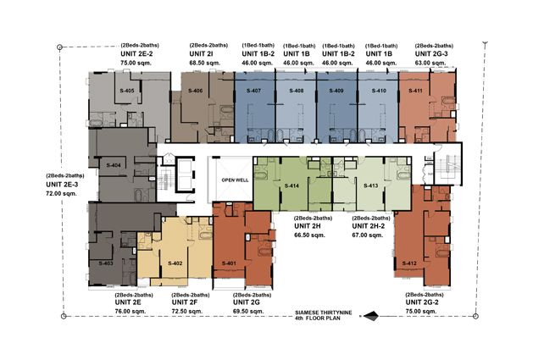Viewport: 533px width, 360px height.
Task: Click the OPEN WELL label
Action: (235, 180)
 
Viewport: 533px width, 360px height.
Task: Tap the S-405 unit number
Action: (127, 91)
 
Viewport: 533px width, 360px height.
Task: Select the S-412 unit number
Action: (409, 263)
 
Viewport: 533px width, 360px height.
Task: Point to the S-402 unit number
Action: (175, 263)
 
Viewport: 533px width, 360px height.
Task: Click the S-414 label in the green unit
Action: (291, 186)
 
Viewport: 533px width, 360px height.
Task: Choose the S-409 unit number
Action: (336, 91)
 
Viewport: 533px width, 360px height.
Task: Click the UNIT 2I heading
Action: (202, 53)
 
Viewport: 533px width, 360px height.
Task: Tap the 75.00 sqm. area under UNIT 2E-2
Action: (136, 63)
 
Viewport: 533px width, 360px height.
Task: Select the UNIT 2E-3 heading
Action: (62, 185)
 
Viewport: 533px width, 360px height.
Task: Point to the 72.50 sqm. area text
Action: (187, 312)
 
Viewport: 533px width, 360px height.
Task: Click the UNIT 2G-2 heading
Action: (422, 302)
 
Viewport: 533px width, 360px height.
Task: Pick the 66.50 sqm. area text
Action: (309, 235)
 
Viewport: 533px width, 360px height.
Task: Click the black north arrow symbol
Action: (370, 316)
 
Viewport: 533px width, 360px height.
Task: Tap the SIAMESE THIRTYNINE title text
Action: (323, 313)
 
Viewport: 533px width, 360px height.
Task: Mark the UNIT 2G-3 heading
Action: (431, 53)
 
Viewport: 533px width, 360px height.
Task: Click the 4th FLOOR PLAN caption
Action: (318, 318)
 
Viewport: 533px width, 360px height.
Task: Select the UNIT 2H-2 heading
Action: (369, 226)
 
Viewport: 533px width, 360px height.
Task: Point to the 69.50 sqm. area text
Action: (248, 312)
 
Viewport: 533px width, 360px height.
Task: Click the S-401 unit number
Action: (229, 263)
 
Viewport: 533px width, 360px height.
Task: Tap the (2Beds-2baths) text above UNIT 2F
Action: (191, 295)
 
